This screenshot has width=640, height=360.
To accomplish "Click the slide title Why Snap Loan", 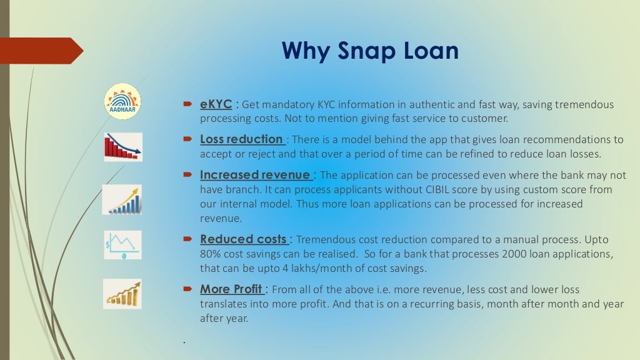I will [370, 51].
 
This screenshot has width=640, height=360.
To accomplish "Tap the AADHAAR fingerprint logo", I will [122, 101].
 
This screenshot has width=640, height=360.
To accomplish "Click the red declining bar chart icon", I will [122, 147].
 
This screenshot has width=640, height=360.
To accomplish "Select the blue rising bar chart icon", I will [122, 199].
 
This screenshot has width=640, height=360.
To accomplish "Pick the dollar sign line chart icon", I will [122, 244].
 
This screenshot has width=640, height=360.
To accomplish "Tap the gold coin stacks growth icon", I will [122, 294].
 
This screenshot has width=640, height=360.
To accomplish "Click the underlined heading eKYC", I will [216, 104].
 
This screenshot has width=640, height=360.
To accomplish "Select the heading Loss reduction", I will [241, 139].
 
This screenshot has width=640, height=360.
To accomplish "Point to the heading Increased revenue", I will [255, 174].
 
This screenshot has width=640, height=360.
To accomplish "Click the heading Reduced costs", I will [243, 239].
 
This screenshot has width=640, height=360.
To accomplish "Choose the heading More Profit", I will [231, 289].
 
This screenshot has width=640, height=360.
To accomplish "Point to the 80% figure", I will [211, 254].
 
